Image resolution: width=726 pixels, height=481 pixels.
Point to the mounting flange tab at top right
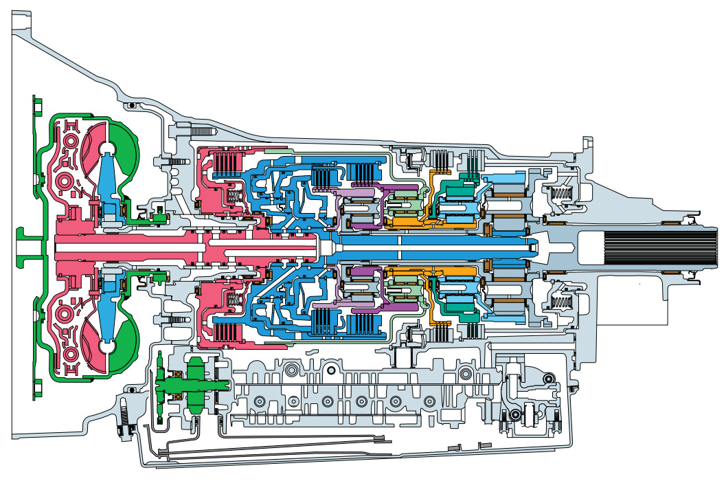coord(588,144)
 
